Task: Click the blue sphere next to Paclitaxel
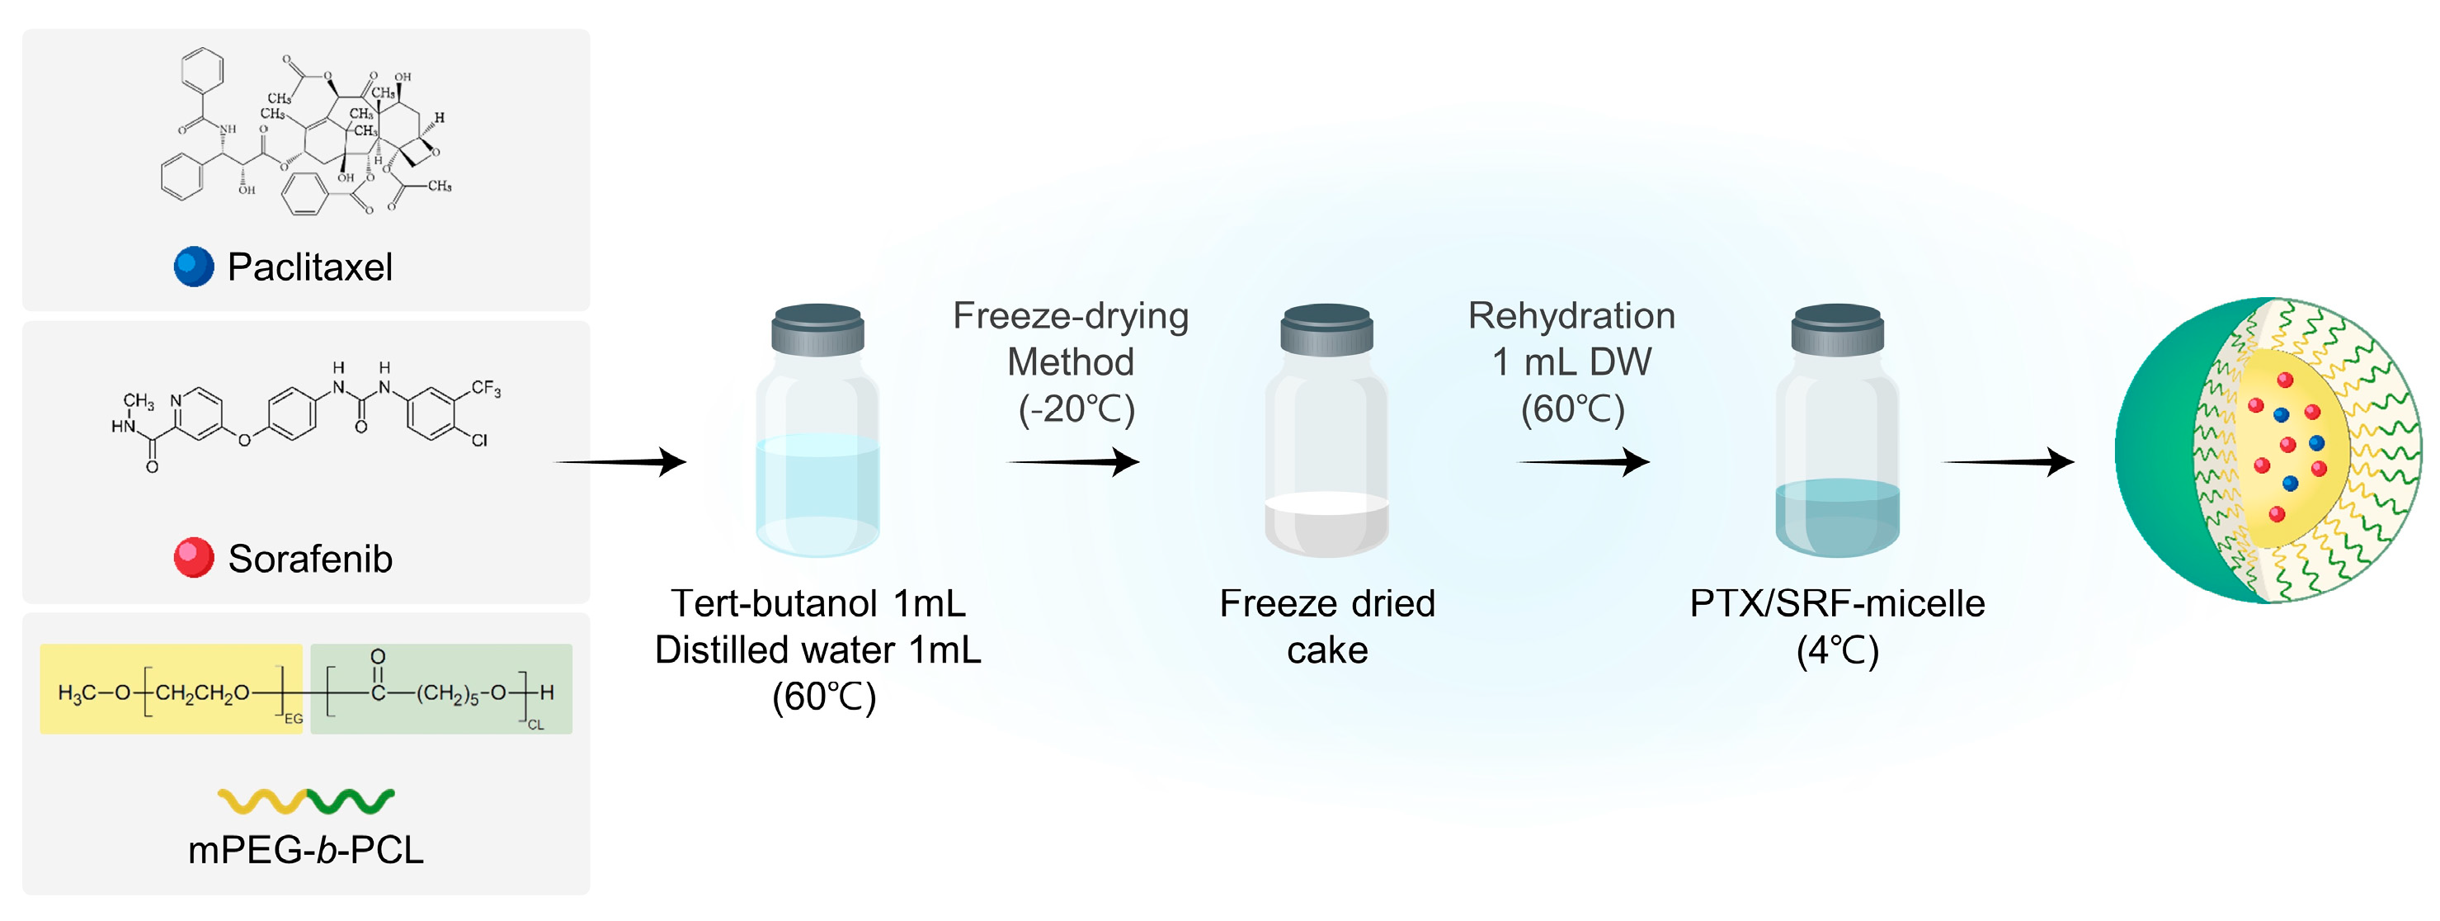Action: (194, 267)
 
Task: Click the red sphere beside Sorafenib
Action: (194, 558)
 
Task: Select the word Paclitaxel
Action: (309, 267)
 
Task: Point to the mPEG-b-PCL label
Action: (305, 850)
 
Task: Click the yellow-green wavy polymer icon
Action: (305, 801)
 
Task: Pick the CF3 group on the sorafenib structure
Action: (486, 389)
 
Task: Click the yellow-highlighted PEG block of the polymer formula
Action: (172, 689)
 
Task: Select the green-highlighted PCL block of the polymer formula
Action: (441, 689)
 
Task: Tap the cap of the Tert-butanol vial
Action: (817, 328)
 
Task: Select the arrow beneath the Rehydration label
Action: (1584, 462)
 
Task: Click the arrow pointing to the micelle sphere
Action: (2008, 462)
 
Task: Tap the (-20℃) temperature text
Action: (1076, 409)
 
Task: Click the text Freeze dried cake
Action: (1327, 626)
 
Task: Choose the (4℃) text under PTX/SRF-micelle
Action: (1837, 651)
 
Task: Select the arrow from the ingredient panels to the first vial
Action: (620, 462)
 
